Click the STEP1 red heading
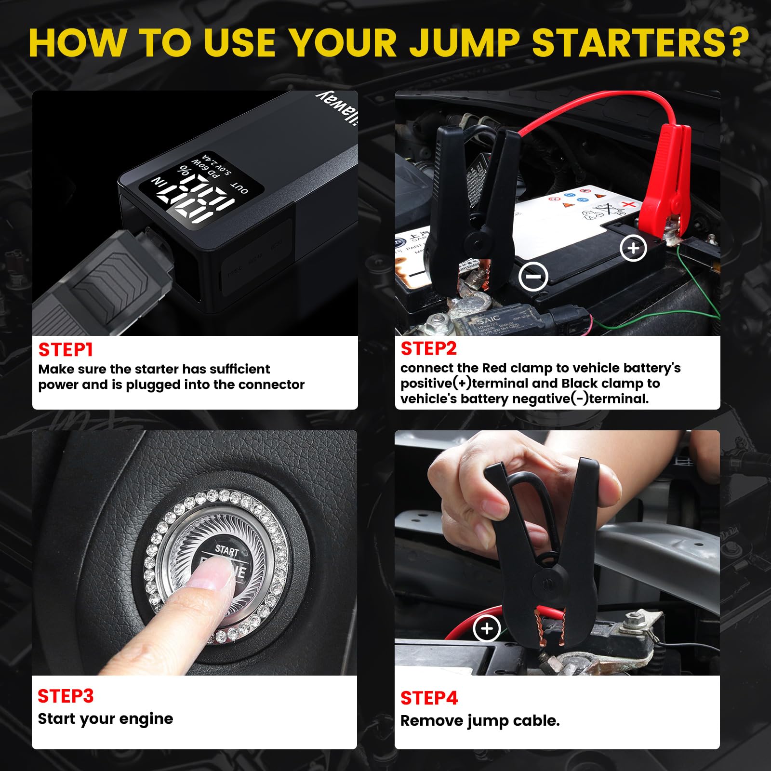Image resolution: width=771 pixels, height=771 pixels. tap(66, 350)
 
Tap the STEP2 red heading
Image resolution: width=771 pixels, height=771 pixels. tap(428, 348)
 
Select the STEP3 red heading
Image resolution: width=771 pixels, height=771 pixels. tap(66, 696)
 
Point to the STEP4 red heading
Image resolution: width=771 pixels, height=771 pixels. tap(429, 698)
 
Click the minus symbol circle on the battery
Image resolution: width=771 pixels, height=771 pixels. tap(533, 277)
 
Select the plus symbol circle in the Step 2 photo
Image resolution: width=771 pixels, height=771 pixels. tap(633, 248)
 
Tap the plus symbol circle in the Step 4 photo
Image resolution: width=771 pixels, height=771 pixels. tap(487, 628)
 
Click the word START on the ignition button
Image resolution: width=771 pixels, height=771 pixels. tap(227, 550)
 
